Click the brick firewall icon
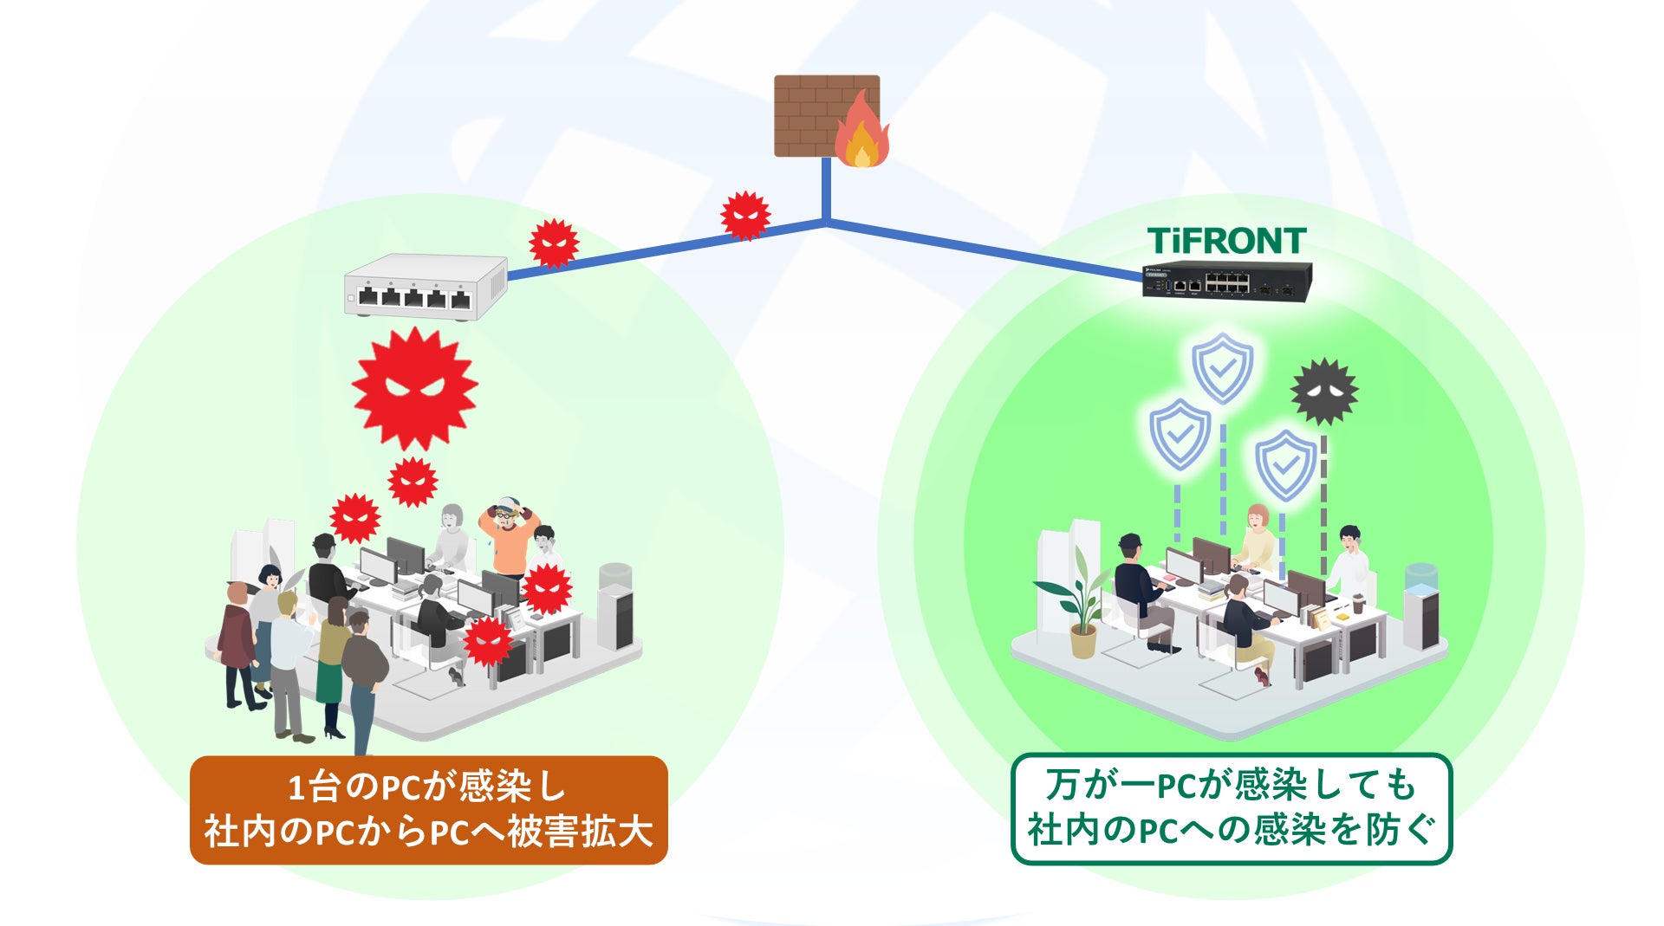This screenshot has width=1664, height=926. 810,114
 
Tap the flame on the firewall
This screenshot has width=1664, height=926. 861,134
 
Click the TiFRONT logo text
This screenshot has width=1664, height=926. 1226,241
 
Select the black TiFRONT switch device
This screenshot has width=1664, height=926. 1226,281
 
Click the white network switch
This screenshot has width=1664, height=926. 425,287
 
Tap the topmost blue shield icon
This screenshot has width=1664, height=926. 1222,367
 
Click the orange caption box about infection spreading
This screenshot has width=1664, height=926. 428,810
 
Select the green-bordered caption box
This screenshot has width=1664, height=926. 1231,809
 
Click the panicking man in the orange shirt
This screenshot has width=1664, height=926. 509,537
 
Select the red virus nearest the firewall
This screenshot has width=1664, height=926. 745,215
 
